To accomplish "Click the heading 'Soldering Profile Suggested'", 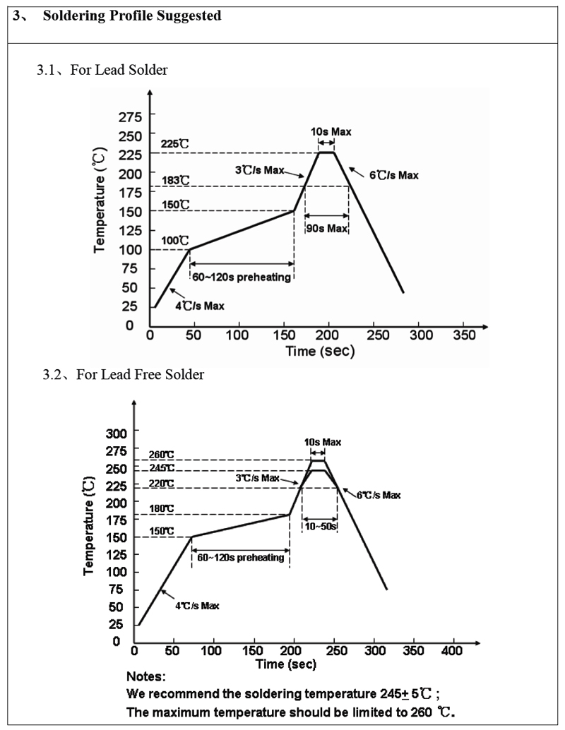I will point(132,16).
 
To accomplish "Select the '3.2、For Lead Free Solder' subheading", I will point(124,375).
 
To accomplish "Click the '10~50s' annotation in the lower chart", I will point(319,527).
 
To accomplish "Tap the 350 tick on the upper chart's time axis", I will point(464,333).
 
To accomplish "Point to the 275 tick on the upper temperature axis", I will point(130,116).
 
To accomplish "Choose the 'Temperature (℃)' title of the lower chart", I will point(90,525).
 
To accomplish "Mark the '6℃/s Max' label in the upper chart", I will point(393,175).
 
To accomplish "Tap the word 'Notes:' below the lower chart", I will point(145,676).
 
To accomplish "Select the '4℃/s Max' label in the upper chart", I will point(198,305).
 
